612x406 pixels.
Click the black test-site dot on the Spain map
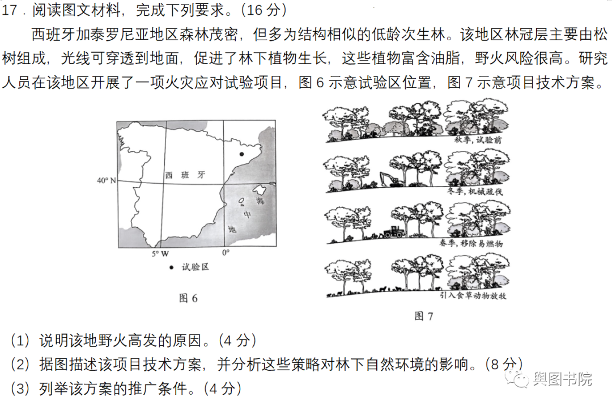[241, 154]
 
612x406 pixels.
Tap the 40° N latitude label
[106, 181]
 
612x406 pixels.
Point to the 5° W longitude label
[160, 253]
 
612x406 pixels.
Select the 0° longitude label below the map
[226, 253]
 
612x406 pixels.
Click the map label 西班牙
[185, 175]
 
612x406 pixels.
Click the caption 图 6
[188, 298]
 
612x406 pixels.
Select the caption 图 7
[423, 316]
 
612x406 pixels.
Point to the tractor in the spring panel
[394, 231]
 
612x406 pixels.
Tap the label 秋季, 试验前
[478, 139]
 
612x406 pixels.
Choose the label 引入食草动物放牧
[473, 296]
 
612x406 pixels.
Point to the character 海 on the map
[260, 201]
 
